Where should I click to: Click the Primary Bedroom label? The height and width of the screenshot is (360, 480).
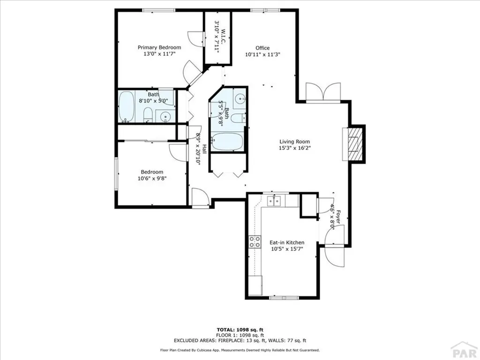159,47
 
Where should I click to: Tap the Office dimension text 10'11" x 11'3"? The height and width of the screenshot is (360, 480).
262,54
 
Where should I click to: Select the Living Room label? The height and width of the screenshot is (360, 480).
294,142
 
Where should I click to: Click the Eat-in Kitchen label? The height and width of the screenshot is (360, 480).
286,242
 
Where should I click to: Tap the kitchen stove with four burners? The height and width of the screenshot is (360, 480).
255,241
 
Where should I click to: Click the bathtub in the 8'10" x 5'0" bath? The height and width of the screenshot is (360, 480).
126,106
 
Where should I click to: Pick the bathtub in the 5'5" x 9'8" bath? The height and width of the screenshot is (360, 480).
227,142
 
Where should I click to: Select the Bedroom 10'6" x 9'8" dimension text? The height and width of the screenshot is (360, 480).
152,178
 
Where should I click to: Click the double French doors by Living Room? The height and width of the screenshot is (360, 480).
323,92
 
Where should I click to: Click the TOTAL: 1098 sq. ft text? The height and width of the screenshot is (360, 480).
240,330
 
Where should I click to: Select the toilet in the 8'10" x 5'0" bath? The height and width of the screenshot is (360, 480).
147,114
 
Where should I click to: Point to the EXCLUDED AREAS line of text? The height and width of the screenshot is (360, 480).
240,340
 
